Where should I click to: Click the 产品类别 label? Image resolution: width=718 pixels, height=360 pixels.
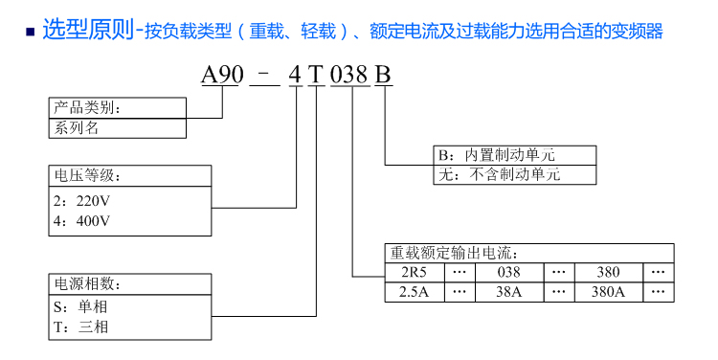point(86,107)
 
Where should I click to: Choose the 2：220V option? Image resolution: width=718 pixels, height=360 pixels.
point(84,202)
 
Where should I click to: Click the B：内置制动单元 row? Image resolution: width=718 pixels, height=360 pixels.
point(496,156)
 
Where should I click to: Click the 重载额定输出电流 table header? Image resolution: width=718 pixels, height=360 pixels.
point(454,254)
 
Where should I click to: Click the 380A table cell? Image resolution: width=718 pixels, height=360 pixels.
point(608,292)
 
